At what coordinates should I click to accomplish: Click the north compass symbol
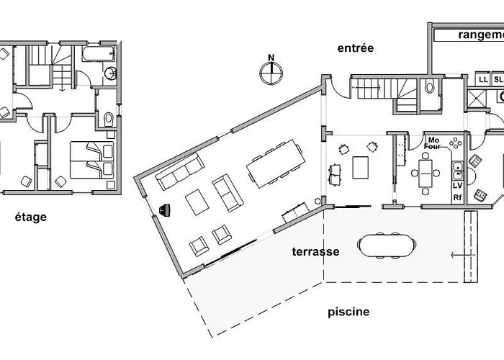(x=270, y=71)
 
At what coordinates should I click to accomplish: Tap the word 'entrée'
(x=356, y=48)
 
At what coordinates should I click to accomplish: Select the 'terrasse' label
(x=315, y=252)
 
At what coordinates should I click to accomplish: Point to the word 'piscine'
(x=348, y=312)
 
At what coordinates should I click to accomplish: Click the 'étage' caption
(x=30, y=217)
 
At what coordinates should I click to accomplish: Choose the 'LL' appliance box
(x=483, y=79)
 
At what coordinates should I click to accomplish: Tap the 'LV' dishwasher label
(x=457, y=186)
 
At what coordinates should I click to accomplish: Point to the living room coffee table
(x=197, y=203)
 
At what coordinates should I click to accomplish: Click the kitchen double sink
(x=457, y=170)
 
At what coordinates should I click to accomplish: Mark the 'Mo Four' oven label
(x=433, y=143)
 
